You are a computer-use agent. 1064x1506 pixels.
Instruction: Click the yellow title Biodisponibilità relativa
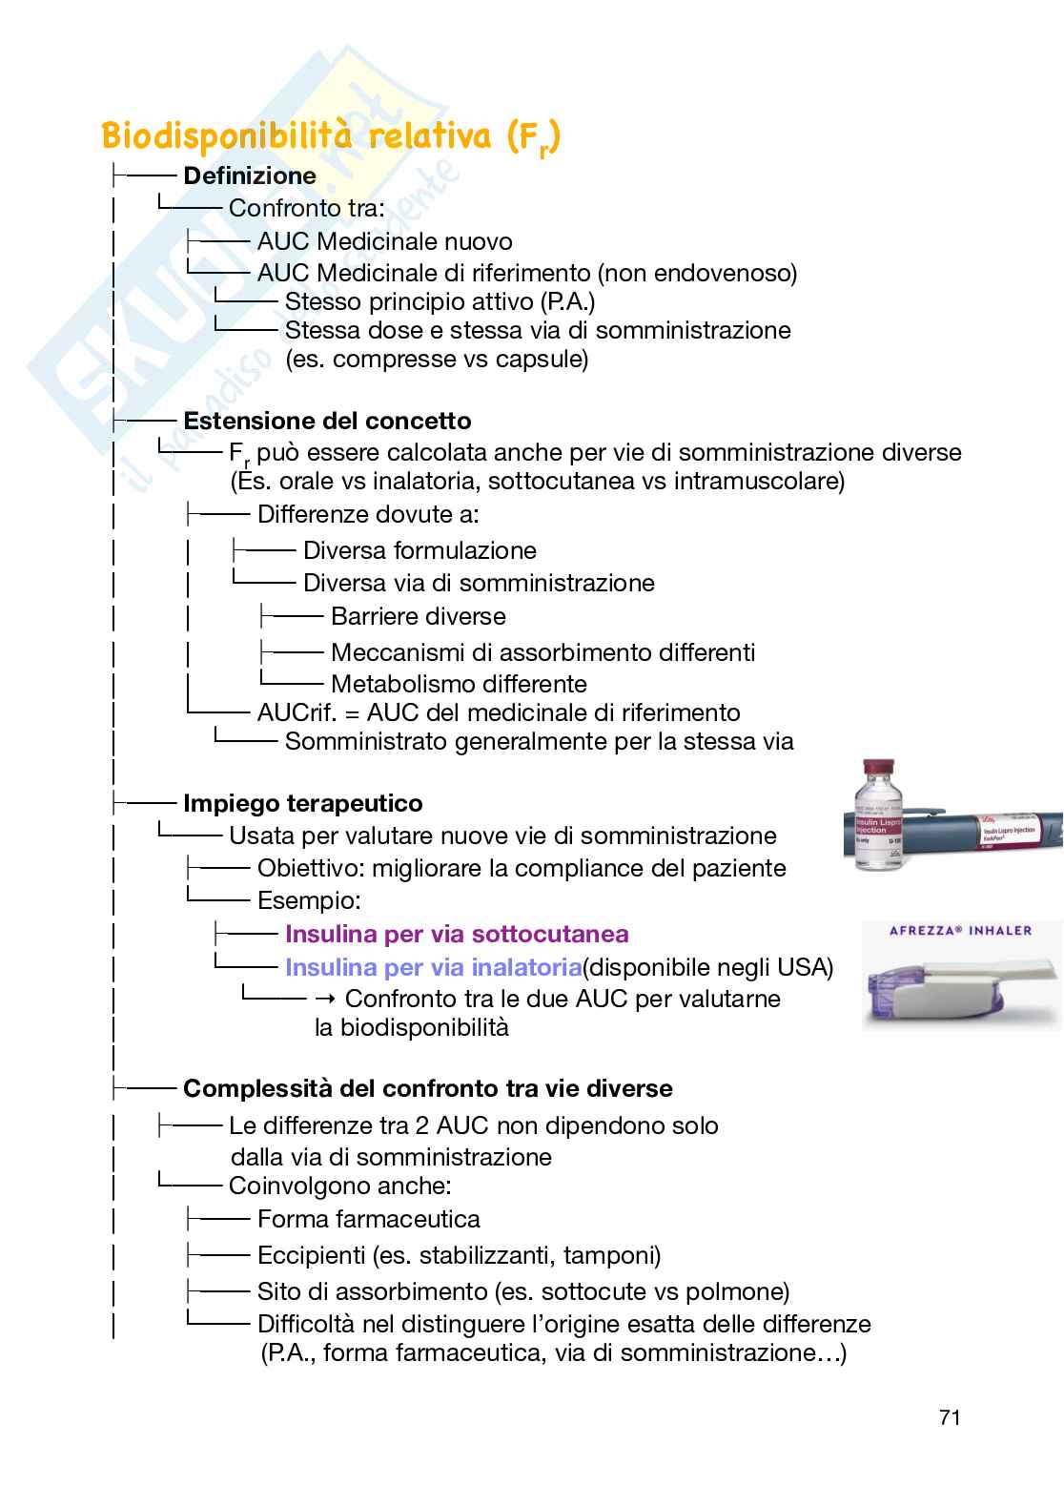330,136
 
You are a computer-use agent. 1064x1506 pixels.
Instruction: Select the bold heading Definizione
250,175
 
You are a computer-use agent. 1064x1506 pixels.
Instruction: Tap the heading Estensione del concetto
327,421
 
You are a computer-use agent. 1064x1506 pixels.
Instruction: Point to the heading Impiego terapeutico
302,803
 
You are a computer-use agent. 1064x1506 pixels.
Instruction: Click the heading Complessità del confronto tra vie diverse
427,1088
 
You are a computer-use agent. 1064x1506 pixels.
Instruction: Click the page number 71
949,1417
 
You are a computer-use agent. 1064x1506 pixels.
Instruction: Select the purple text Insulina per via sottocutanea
457,934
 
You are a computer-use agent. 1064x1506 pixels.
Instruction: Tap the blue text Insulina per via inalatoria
433,967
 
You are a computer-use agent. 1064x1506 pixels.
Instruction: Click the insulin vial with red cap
878,815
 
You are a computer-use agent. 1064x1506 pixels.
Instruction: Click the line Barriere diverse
418,616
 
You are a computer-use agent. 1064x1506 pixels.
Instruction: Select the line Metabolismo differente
458,684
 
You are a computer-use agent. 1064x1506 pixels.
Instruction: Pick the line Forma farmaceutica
368,1219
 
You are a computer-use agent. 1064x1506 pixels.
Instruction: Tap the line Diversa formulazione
419,550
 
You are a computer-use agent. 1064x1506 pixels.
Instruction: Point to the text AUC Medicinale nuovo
384,241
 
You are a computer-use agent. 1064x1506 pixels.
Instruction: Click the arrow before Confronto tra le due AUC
324,999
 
